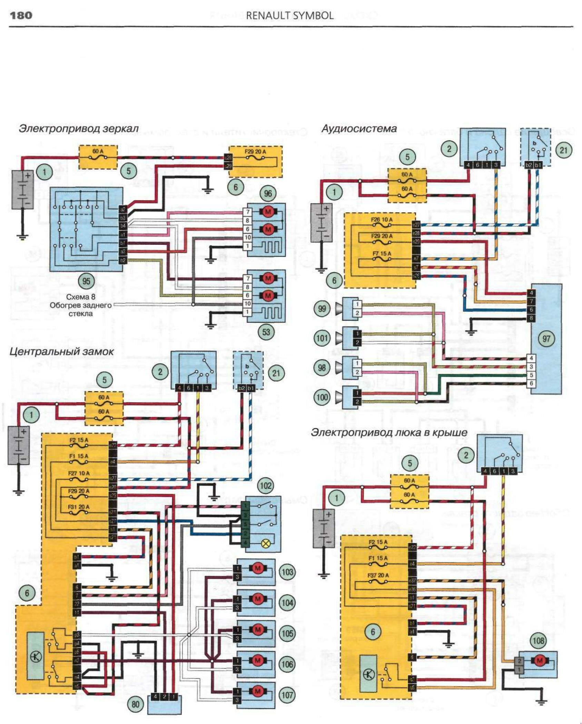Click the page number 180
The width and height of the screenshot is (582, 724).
(x=21, y=16)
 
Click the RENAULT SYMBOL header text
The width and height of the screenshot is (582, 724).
(x=289, y=16)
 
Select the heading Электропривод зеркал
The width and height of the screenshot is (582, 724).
(x=79, y=129)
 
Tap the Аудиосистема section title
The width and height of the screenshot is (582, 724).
(x=359, y=129)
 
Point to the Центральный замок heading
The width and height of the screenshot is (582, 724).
(x=61, y=352)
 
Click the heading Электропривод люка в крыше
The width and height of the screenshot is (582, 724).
(x=389, y=433)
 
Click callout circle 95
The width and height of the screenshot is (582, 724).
(x=86, y=281)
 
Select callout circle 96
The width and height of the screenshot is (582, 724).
(x=268, y=194)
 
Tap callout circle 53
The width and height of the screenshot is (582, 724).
(x=266, y=332)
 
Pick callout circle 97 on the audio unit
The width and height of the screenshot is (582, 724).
(x=546, y=338)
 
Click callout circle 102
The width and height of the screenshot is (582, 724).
(x=266, y=486)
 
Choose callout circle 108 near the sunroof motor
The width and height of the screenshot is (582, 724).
(x=538, y=641)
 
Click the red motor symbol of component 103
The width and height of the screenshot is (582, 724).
(x=257, y=568)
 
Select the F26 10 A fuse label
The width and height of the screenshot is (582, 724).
(x=382, y=220)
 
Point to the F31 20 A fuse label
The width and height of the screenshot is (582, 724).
(x=79, y=507)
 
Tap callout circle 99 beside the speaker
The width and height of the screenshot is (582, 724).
(x=322, y=308)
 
